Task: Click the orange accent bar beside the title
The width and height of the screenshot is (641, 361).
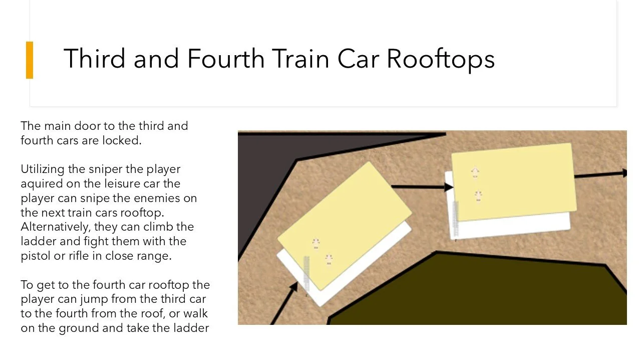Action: coord(30,60)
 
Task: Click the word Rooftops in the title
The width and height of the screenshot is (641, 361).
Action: coord(441,59)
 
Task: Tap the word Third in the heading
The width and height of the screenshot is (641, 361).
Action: coord(95,59)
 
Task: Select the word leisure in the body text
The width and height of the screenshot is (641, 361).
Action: coord(124,184)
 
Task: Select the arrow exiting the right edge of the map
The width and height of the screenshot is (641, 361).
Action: coord(599,174)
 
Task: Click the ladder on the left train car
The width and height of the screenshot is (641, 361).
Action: coord(306,273)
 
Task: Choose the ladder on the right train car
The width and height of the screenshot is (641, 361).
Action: coord(456,218)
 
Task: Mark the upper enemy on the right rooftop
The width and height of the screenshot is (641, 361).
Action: coord(475,173)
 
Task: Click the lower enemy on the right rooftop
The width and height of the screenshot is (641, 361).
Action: coord(478,196)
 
